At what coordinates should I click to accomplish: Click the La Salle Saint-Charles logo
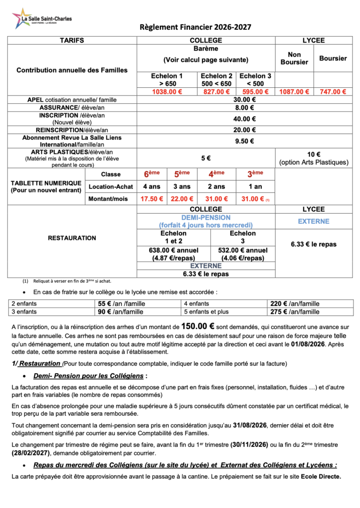(x=42, y=19)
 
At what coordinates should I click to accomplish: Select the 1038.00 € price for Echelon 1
(x=167, y=91)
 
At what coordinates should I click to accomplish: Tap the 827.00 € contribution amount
(x=216, y=91)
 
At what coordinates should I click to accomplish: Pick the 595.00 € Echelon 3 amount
(x=255, y=91)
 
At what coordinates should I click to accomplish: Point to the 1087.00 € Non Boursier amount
(x=294, y=91)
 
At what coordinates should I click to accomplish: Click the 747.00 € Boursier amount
(x=333, y=91)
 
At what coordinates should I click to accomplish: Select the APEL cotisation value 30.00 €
(x=244, y=99)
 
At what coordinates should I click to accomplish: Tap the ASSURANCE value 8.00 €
(x=244, y=107)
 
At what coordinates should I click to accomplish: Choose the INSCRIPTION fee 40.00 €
(x=244, y=119)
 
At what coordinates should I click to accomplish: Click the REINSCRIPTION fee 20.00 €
(x=244, y=130)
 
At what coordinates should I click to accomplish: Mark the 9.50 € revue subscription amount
(x=244, y=141)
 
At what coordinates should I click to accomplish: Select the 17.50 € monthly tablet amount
(x=152, y=199)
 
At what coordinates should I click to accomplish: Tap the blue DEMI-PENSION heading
(x=206, y=217)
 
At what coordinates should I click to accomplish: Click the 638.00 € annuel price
(x=173, y=250)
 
